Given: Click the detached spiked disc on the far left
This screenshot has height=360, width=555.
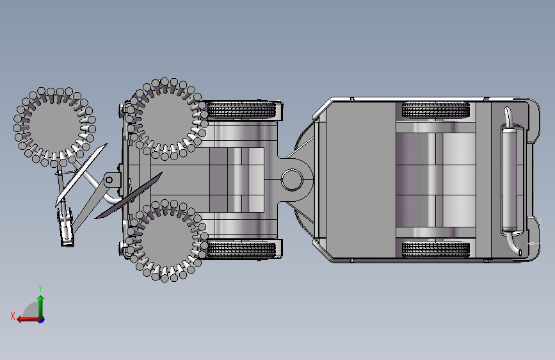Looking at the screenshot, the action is [x=54, y=127].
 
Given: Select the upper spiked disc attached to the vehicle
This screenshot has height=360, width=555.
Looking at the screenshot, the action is [x=165, y=119].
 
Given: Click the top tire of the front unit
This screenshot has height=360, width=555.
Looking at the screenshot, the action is [x=241, y=110].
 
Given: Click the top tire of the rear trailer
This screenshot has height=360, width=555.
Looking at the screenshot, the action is [x=436, y=110].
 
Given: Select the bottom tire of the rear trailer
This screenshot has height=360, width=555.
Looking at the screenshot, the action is [x=436, y=250].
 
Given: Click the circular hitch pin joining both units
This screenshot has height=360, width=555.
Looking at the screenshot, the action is [x=292, y=180].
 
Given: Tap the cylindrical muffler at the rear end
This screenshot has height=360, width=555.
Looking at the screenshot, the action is [x=510, y=179].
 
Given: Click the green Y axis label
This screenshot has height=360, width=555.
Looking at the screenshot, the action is [x=40, y=288].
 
